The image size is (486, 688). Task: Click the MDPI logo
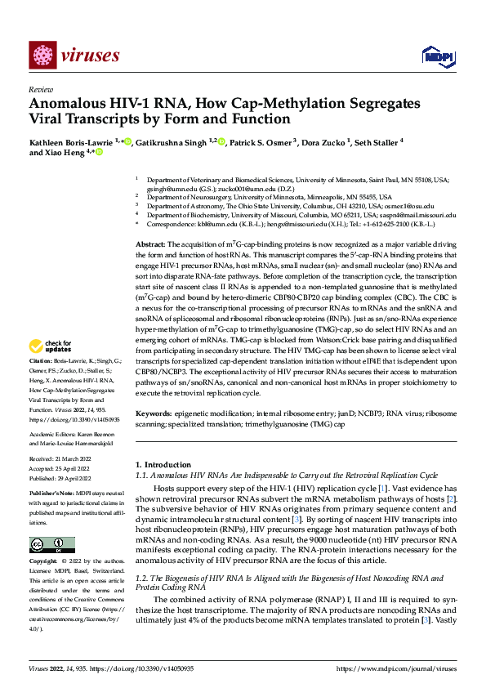[x=434, y=56]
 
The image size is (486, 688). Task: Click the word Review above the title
[x=41, y=89]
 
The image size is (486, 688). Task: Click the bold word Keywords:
[x=154, y=414]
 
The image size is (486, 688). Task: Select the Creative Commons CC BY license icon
[x=51, y=544]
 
